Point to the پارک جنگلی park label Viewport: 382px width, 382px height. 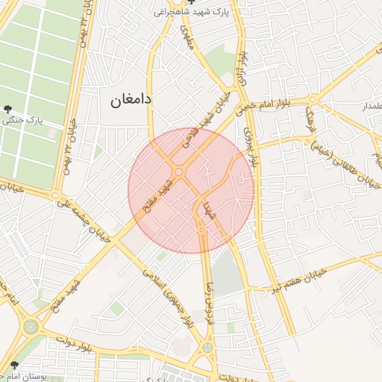coord(22,119)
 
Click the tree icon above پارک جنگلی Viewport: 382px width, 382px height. coord(8,109)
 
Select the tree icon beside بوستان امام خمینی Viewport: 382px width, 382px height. coord(14,366)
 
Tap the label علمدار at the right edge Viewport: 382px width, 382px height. coord(371,107)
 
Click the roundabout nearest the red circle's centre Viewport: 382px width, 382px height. coord(180,173)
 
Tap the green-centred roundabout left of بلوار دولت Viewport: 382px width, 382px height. coord(31,327)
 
